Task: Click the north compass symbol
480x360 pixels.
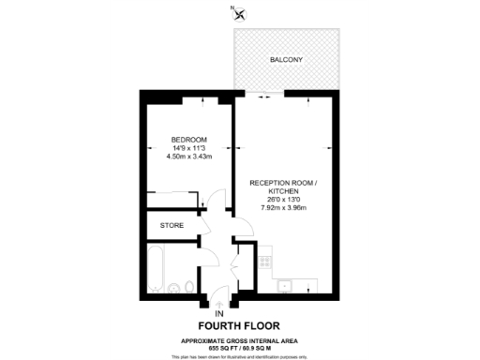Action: click(x=239, y=12)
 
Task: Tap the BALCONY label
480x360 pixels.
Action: click(x=285, y=59)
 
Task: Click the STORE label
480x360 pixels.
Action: click(x=172, y=226)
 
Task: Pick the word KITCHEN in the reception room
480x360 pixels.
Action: click(x=282, y=190)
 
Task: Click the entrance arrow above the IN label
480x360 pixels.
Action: click(x=218, y=301)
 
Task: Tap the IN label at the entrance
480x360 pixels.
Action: click(x=218, y=312)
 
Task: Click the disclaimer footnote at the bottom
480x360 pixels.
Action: click(x=239, y=356)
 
